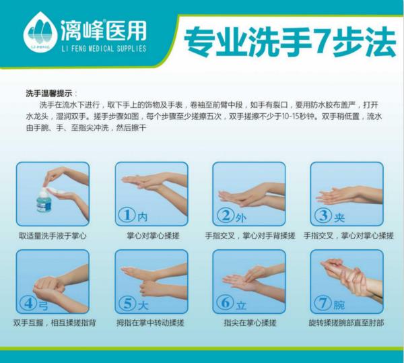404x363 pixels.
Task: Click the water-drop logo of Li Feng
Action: tap(40, 32)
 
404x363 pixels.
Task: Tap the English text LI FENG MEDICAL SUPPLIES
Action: tap(104, 48)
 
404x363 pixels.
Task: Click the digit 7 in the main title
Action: tap(321, 42)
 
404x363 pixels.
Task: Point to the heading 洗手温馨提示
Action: tap(49, 93)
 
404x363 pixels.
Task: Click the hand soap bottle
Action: tap(44, 200)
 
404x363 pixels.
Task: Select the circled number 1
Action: tap(127, 215)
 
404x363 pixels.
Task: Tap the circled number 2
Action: tap(226, 215)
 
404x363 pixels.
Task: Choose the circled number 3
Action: tap(323, 215)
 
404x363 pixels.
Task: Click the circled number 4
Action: tap(28, 303)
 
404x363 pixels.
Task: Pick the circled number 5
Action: tap(127, 303)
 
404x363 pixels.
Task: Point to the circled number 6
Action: tap(225, 302)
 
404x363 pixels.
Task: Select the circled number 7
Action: tap(323, 302)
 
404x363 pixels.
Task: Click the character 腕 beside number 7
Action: tap(339, 305)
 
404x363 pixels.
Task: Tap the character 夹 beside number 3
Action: tap(339, 218)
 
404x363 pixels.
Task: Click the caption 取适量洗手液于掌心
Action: tap(53, 236)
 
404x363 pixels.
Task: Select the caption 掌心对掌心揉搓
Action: tap(153, 236)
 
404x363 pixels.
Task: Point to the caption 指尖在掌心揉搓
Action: tap(250, 323)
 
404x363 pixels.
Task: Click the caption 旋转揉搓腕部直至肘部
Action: tap(347, 323)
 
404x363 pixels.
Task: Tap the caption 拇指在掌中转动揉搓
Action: tap(150, 323)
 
